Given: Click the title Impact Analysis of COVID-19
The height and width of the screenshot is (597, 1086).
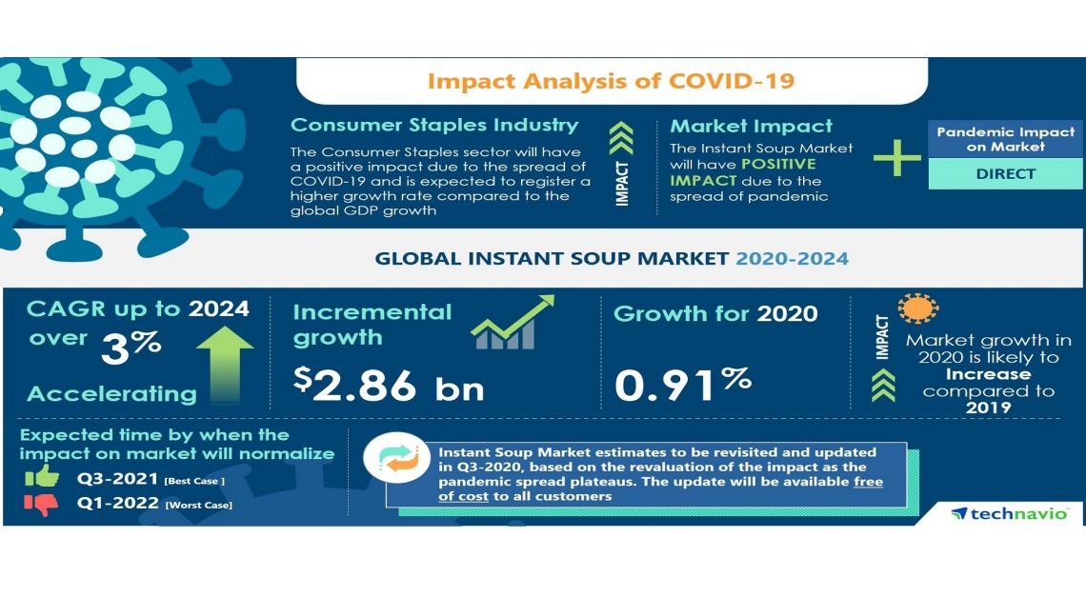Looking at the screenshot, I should point(611,81).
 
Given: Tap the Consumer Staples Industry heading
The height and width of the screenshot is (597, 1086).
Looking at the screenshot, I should point(433,126).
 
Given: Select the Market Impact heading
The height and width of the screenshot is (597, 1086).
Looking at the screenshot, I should point(751,126).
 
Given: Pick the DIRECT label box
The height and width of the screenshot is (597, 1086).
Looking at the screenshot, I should point(1004,174).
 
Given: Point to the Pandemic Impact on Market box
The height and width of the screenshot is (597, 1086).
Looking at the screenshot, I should point(1004,139).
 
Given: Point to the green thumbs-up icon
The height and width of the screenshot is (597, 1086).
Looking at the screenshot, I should point(43,477).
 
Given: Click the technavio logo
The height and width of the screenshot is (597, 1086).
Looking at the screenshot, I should point(1010,514).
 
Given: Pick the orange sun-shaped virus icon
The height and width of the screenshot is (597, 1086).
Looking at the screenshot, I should point(917,308).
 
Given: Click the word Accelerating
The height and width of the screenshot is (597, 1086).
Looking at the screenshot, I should point(111,393).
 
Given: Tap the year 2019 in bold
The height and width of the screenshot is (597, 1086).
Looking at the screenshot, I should point(987,408).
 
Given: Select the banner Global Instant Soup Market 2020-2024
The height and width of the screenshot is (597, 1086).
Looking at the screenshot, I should point(611,258).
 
